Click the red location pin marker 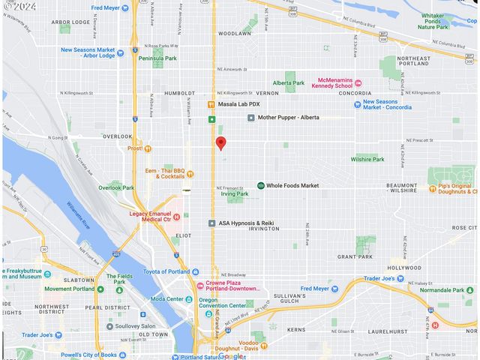(220, 143)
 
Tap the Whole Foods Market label (292, 185)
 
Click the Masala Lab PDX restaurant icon (211, 103)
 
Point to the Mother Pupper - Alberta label (288, 118)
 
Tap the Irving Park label (235, 193)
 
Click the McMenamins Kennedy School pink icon (358, 82)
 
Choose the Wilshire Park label (368, 159)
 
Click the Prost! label (134, 148)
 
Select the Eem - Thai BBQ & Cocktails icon (190, 174)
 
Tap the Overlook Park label (115, 187)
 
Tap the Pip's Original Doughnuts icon (433, 188)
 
